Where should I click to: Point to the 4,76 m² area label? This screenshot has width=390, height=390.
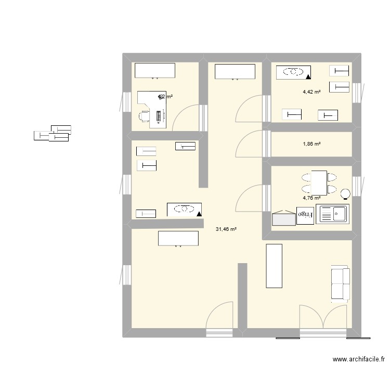coord(311,198)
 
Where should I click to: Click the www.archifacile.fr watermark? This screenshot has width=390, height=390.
coord(359,359)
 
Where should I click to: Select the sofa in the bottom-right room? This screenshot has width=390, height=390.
coord(340,284)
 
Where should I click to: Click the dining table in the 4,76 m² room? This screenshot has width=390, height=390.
coord(319,183)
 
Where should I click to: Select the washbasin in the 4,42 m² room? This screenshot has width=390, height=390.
coord(294,72)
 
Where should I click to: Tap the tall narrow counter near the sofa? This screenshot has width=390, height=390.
coord(274,265)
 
